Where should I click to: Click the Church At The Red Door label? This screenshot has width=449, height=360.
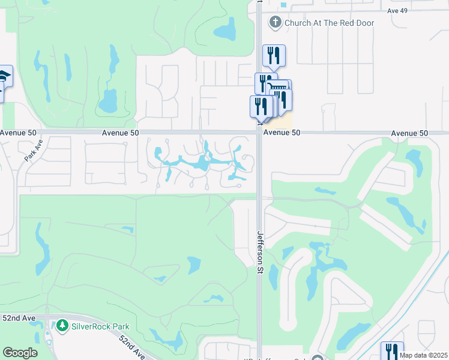click(329, 23)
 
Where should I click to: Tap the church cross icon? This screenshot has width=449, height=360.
click(275, 23)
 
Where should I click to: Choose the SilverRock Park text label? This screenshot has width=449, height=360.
click(100, 326)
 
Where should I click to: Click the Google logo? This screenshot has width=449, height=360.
click(20, 353)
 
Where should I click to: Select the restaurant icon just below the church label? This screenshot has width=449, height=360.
click(274, 55)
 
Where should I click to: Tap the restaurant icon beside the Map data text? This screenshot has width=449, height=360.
click(392, 352)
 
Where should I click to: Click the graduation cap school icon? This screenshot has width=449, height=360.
click(4, 76)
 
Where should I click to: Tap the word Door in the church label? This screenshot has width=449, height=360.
click(363, 23)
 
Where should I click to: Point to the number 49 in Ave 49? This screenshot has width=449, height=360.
click(406, 10)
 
